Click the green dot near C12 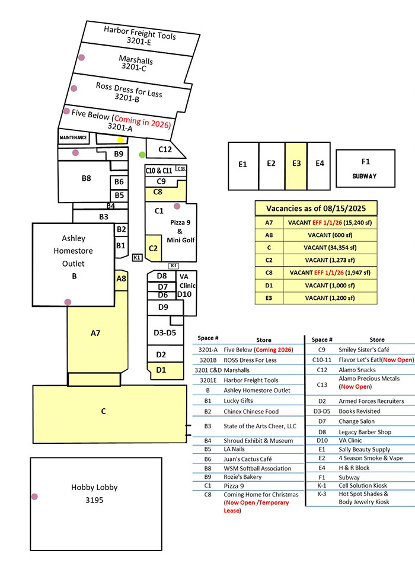[142, 155]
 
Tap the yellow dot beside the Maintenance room [121, 140]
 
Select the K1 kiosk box [137, 257]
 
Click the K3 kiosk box [174, 265]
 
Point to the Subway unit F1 [365, 168]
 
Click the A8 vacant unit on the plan [121, 279]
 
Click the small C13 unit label [181, 169]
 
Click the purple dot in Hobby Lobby [35, 496]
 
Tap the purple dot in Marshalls [81, 58]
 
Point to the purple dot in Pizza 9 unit [177, 206]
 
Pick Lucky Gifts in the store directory [238, 401]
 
